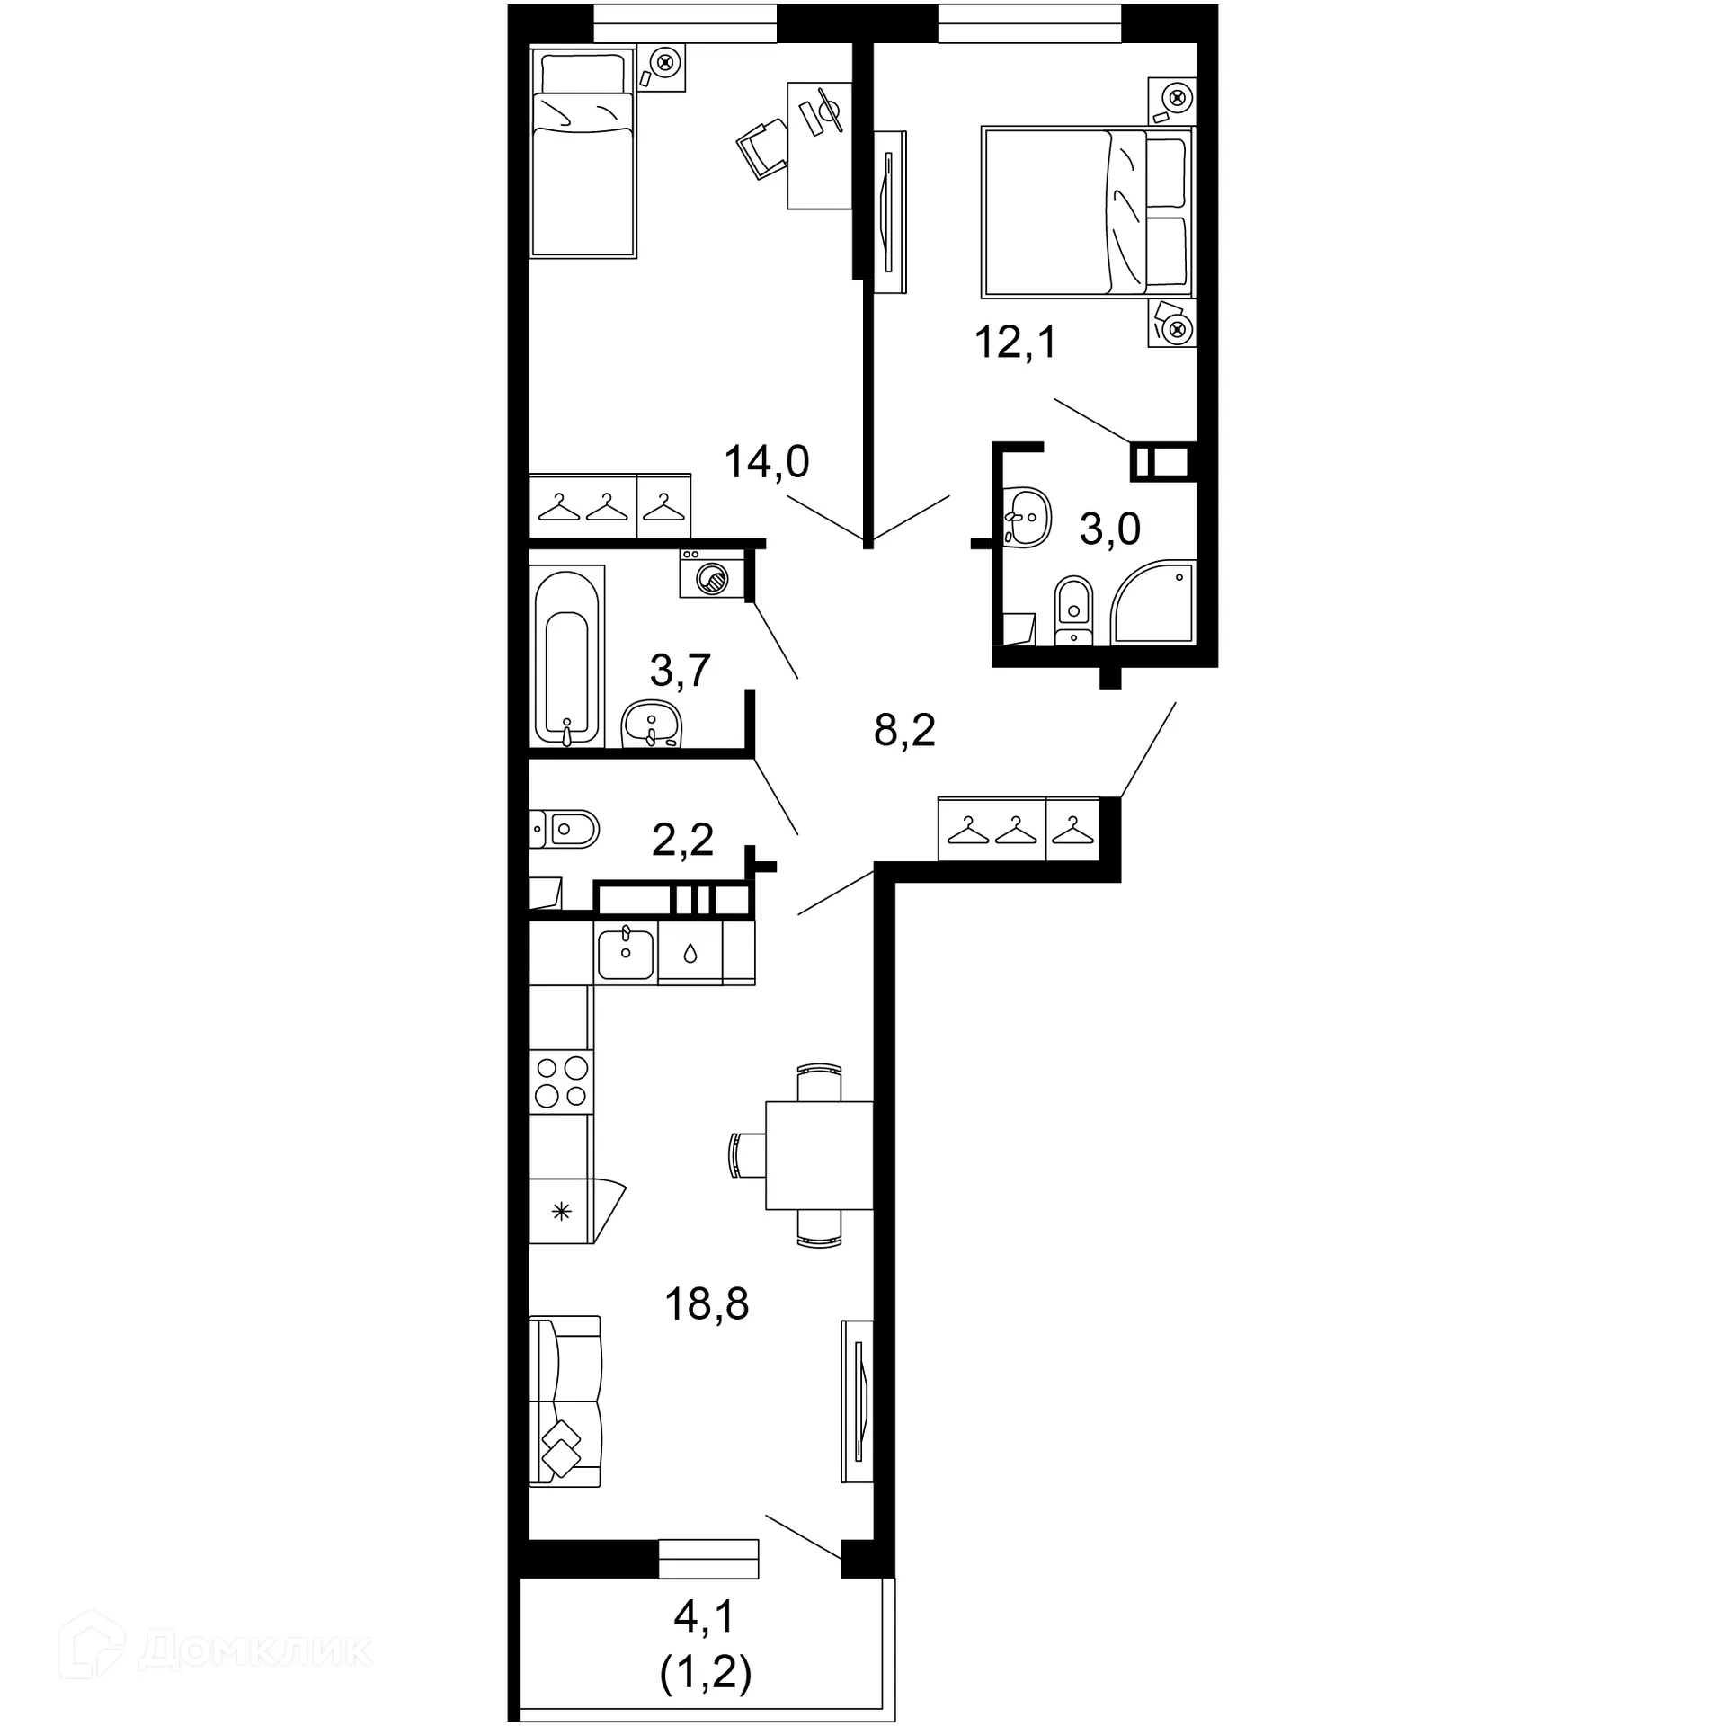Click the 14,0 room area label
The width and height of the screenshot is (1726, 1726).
click(767, 462)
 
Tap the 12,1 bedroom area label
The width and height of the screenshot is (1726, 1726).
click(1016, 343)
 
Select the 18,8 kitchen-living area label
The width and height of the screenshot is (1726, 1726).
click(707, 1303)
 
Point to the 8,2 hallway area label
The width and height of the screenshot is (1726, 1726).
click(904, 731)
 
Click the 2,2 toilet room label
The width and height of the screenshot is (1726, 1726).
click(682, 840)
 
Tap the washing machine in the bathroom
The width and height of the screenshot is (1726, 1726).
click(713, 575)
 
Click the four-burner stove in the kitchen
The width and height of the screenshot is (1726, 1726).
click(561, 1081)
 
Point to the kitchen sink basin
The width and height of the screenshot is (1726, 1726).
click(626, 955)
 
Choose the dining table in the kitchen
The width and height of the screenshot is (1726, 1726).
click(818, 1155)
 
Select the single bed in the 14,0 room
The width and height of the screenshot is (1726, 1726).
click(583, 153)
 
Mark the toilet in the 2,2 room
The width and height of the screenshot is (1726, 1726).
click(566, 829)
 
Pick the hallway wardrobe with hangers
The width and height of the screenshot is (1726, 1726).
click(1019, 829)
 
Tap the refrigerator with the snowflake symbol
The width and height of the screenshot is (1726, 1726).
click(566, 1212)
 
